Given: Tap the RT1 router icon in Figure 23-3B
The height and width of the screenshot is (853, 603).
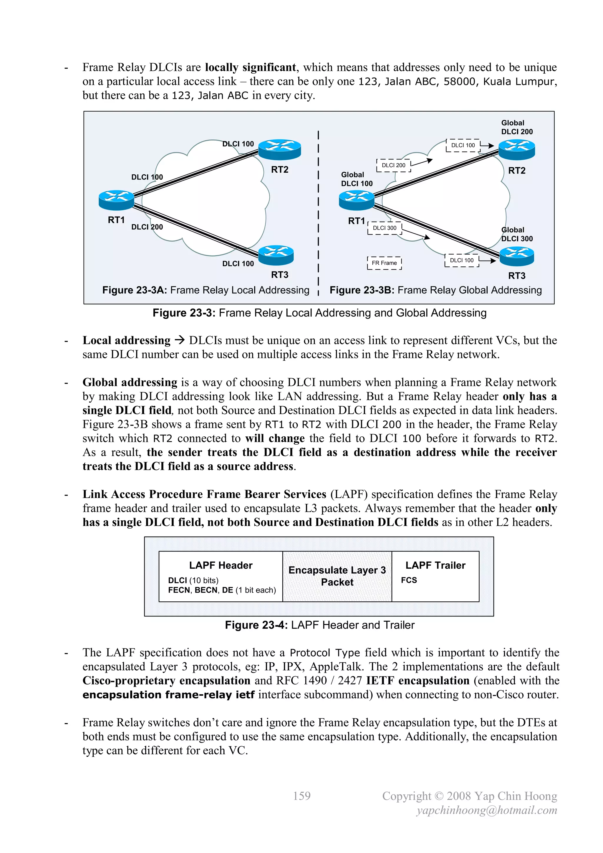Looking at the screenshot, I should click(357, 200).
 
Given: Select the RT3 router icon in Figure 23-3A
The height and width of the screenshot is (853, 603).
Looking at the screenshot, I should click(276, 255).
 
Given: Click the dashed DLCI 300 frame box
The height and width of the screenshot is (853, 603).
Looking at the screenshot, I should click(385, 228).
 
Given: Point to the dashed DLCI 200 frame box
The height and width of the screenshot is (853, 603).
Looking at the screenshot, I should click(394, 165).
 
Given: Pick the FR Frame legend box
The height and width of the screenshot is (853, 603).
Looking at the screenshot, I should click(384, 263).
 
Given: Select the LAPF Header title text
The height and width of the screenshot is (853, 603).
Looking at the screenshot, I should click(221, 565).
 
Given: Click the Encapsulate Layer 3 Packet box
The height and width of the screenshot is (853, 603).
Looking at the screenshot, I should click(337, 576).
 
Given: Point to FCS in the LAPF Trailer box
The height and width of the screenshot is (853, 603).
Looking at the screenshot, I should click(409, 580).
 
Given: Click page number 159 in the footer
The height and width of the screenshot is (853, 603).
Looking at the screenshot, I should click(301, 796).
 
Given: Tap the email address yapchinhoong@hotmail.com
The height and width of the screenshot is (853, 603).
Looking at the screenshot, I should click(487, 810).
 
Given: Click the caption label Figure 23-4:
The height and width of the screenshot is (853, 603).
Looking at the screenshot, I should click(256, 625).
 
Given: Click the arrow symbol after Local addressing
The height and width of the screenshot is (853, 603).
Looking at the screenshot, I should click(180, 340).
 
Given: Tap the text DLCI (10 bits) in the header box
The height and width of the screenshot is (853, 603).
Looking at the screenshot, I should click(193, 580).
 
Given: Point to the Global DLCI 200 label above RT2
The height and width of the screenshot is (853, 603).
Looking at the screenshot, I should click(517, 127).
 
